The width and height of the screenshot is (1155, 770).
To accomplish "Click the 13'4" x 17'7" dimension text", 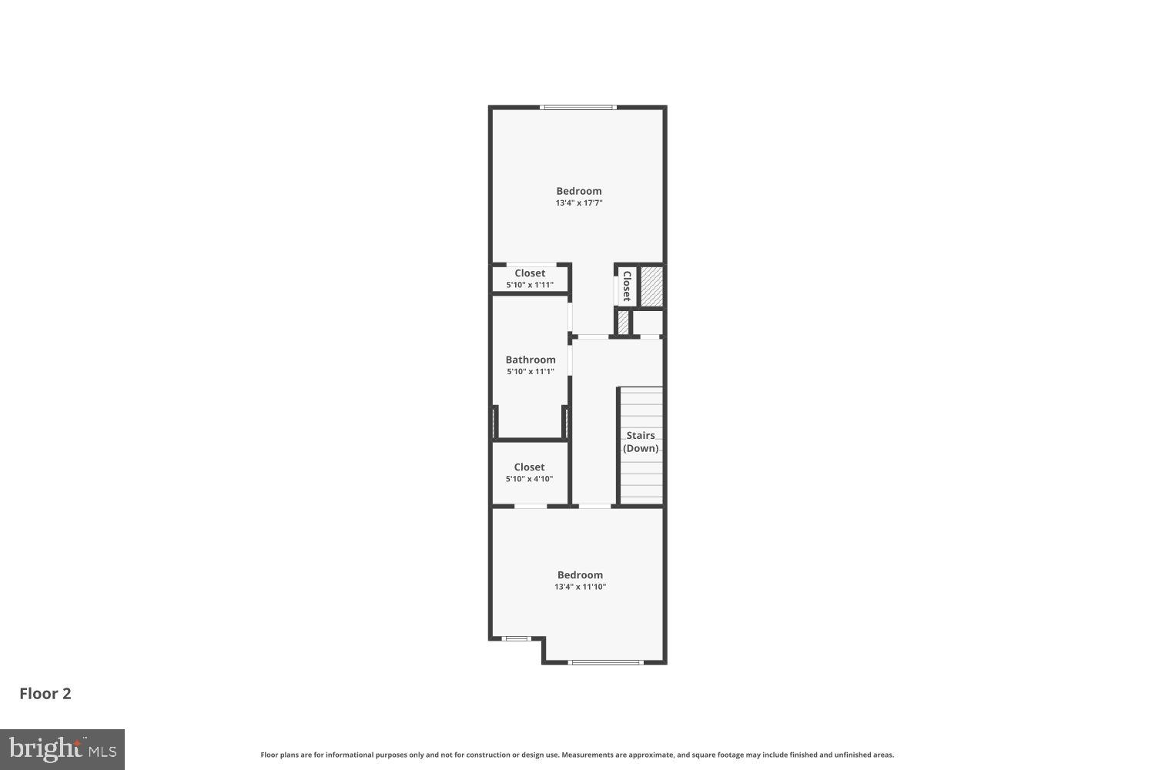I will click(x=578, y=203).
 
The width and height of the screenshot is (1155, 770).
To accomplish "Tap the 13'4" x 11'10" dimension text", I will click(x=580, y=587).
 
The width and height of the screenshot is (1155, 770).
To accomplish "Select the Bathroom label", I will click(x=530, y=360).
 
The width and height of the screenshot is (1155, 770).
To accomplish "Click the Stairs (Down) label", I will click(x=641, y=442).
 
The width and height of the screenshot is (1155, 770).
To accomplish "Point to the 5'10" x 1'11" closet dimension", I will click(x=530, y=285).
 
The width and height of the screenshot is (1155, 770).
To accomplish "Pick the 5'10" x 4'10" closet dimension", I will click(x=529, y=479).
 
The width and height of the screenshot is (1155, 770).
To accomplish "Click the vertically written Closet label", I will click(x=627, y=286).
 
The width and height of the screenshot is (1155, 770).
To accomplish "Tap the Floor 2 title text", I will click(x=45, y=694).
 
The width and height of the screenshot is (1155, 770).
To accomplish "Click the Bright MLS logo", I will click(x=62, y=749).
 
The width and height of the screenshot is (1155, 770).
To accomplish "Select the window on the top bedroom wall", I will click(x=578, y=107).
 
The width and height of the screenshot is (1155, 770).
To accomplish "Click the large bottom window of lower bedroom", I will click(x=605, y=662).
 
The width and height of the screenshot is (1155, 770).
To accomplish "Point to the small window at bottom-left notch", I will click(x=515, y=638).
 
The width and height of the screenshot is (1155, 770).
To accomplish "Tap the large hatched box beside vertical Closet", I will click(x=652, y=286).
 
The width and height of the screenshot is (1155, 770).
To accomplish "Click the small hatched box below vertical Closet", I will click(x=623, y=322).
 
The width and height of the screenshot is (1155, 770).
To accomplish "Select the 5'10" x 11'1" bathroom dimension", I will click(x=530, y=372).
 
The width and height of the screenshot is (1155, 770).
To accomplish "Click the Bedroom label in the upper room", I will click(x=579, y=191).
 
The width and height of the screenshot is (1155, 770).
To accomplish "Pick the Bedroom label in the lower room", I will click(x=580, y=574).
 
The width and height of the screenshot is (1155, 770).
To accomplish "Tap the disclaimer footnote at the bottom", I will click(x=577, y=755).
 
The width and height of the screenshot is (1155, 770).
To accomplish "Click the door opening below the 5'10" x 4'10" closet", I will click(x=531, y=506).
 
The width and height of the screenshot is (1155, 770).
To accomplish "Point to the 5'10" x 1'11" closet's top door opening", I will click(x=531, y=265).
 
